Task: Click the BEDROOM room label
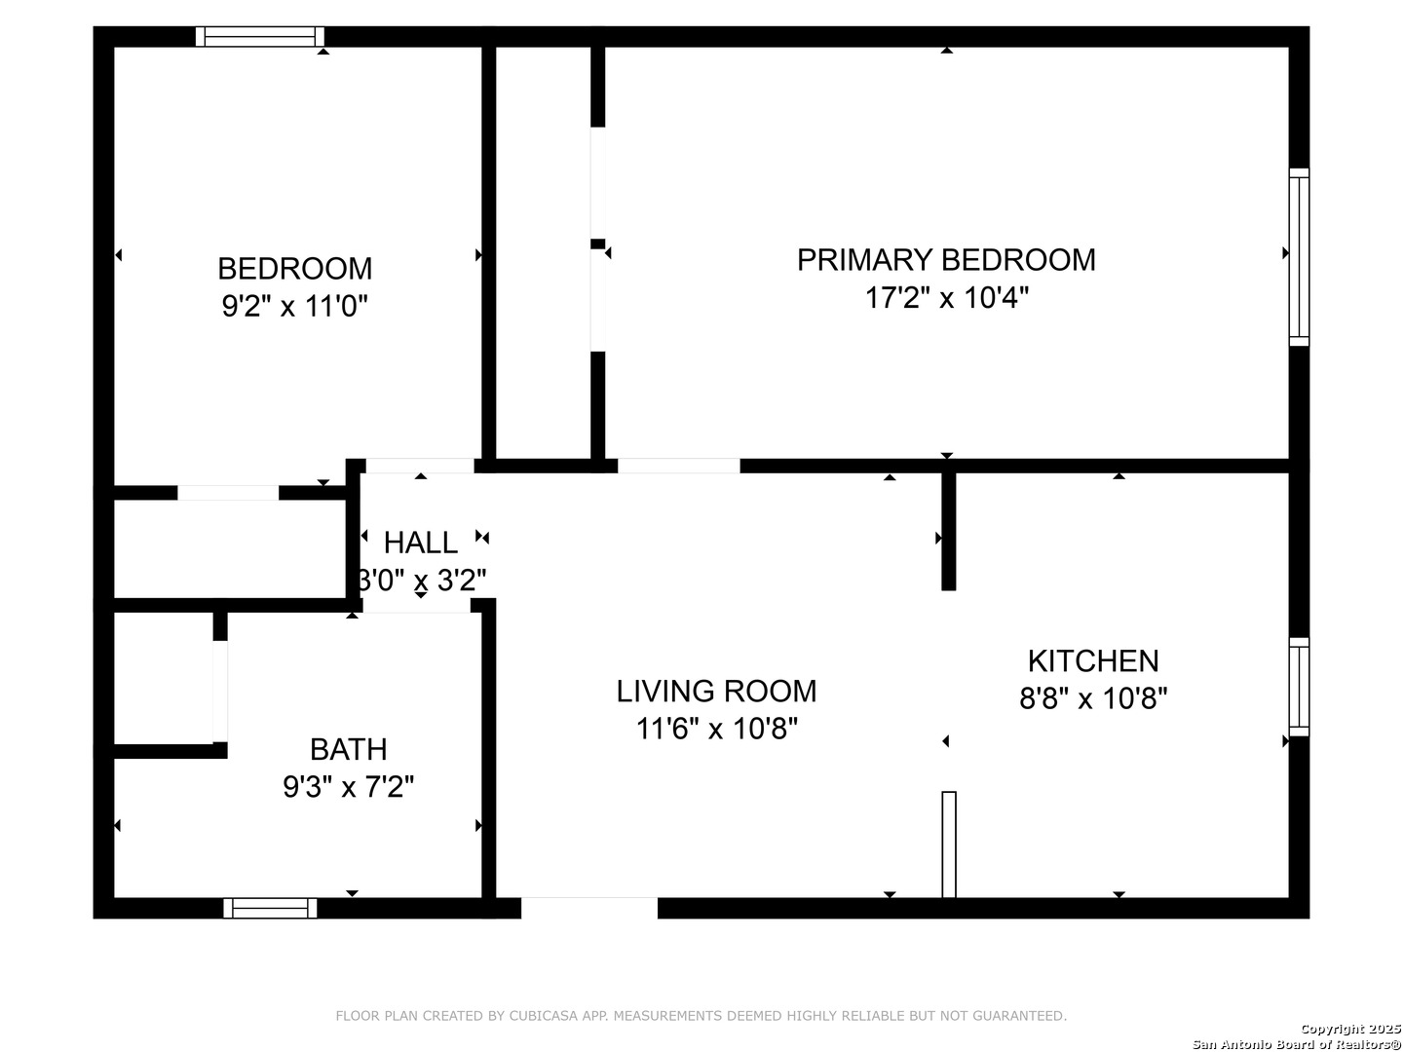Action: point(294,269)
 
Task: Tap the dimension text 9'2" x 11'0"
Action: point(294,307)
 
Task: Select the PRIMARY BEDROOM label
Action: point(946,260)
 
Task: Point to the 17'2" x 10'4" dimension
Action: point(946,297)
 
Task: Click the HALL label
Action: point(420,543)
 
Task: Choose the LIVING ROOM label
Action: point(716,692)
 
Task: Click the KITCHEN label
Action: point(1093,661)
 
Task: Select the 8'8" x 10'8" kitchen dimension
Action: point(1093,698)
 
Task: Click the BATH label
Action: point(348,750)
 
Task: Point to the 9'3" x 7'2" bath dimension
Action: point(348,787)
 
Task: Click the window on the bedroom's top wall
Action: point(260,37)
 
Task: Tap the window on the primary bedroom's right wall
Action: point(1299,257)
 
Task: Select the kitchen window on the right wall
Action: point(1299,687)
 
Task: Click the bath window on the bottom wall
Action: point(270,908)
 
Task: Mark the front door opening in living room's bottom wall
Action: point(589,908)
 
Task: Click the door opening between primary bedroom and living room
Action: point(678,466)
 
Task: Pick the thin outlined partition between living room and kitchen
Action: point(949,844)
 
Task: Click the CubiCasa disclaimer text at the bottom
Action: point(701,1016)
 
